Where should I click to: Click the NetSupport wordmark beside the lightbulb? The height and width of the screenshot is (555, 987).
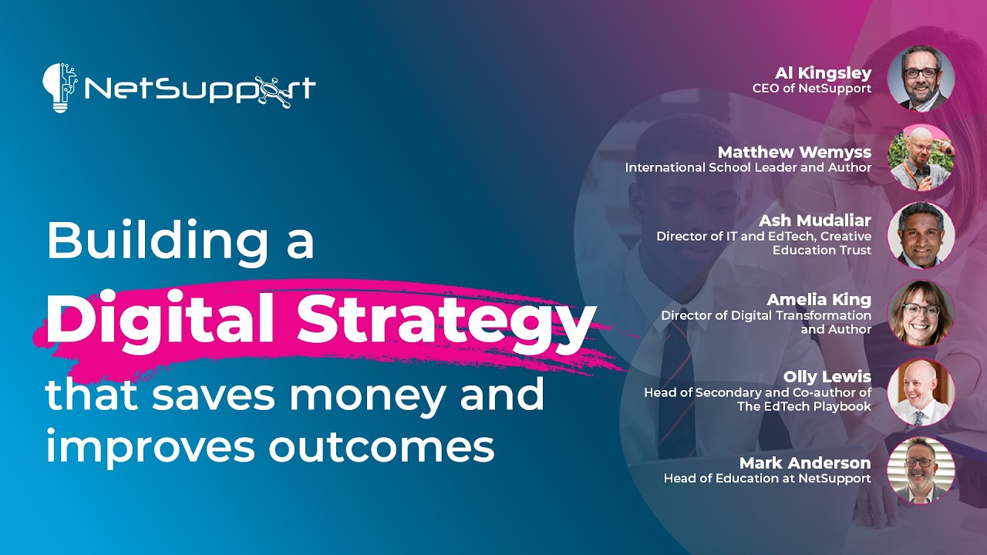tap(200, 89)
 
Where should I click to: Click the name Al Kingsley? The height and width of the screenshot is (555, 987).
tap(823, 73)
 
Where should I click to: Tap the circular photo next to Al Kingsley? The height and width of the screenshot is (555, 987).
tap(921, 78)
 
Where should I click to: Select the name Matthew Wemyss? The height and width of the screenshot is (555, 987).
tap(794, 152)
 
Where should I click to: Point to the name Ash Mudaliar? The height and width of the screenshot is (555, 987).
tap(815, 221)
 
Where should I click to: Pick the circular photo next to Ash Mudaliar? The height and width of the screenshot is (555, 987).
tap(921, 234)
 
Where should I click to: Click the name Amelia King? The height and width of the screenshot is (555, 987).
tap(819, 299)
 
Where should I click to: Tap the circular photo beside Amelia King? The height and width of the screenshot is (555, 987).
tap(921, 313)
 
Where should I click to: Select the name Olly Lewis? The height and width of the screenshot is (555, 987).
tap(827, 377)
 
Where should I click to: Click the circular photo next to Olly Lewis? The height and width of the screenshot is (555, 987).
tap(921, 392)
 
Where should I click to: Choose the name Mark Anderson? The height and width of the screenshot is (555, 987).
tap(805, 463)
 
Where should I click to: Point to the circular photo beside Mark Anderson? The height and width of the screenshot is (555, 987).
tap(921, 469)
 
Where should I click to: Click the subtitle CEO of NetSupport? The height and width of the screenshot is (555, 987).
tap(811, 89)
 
